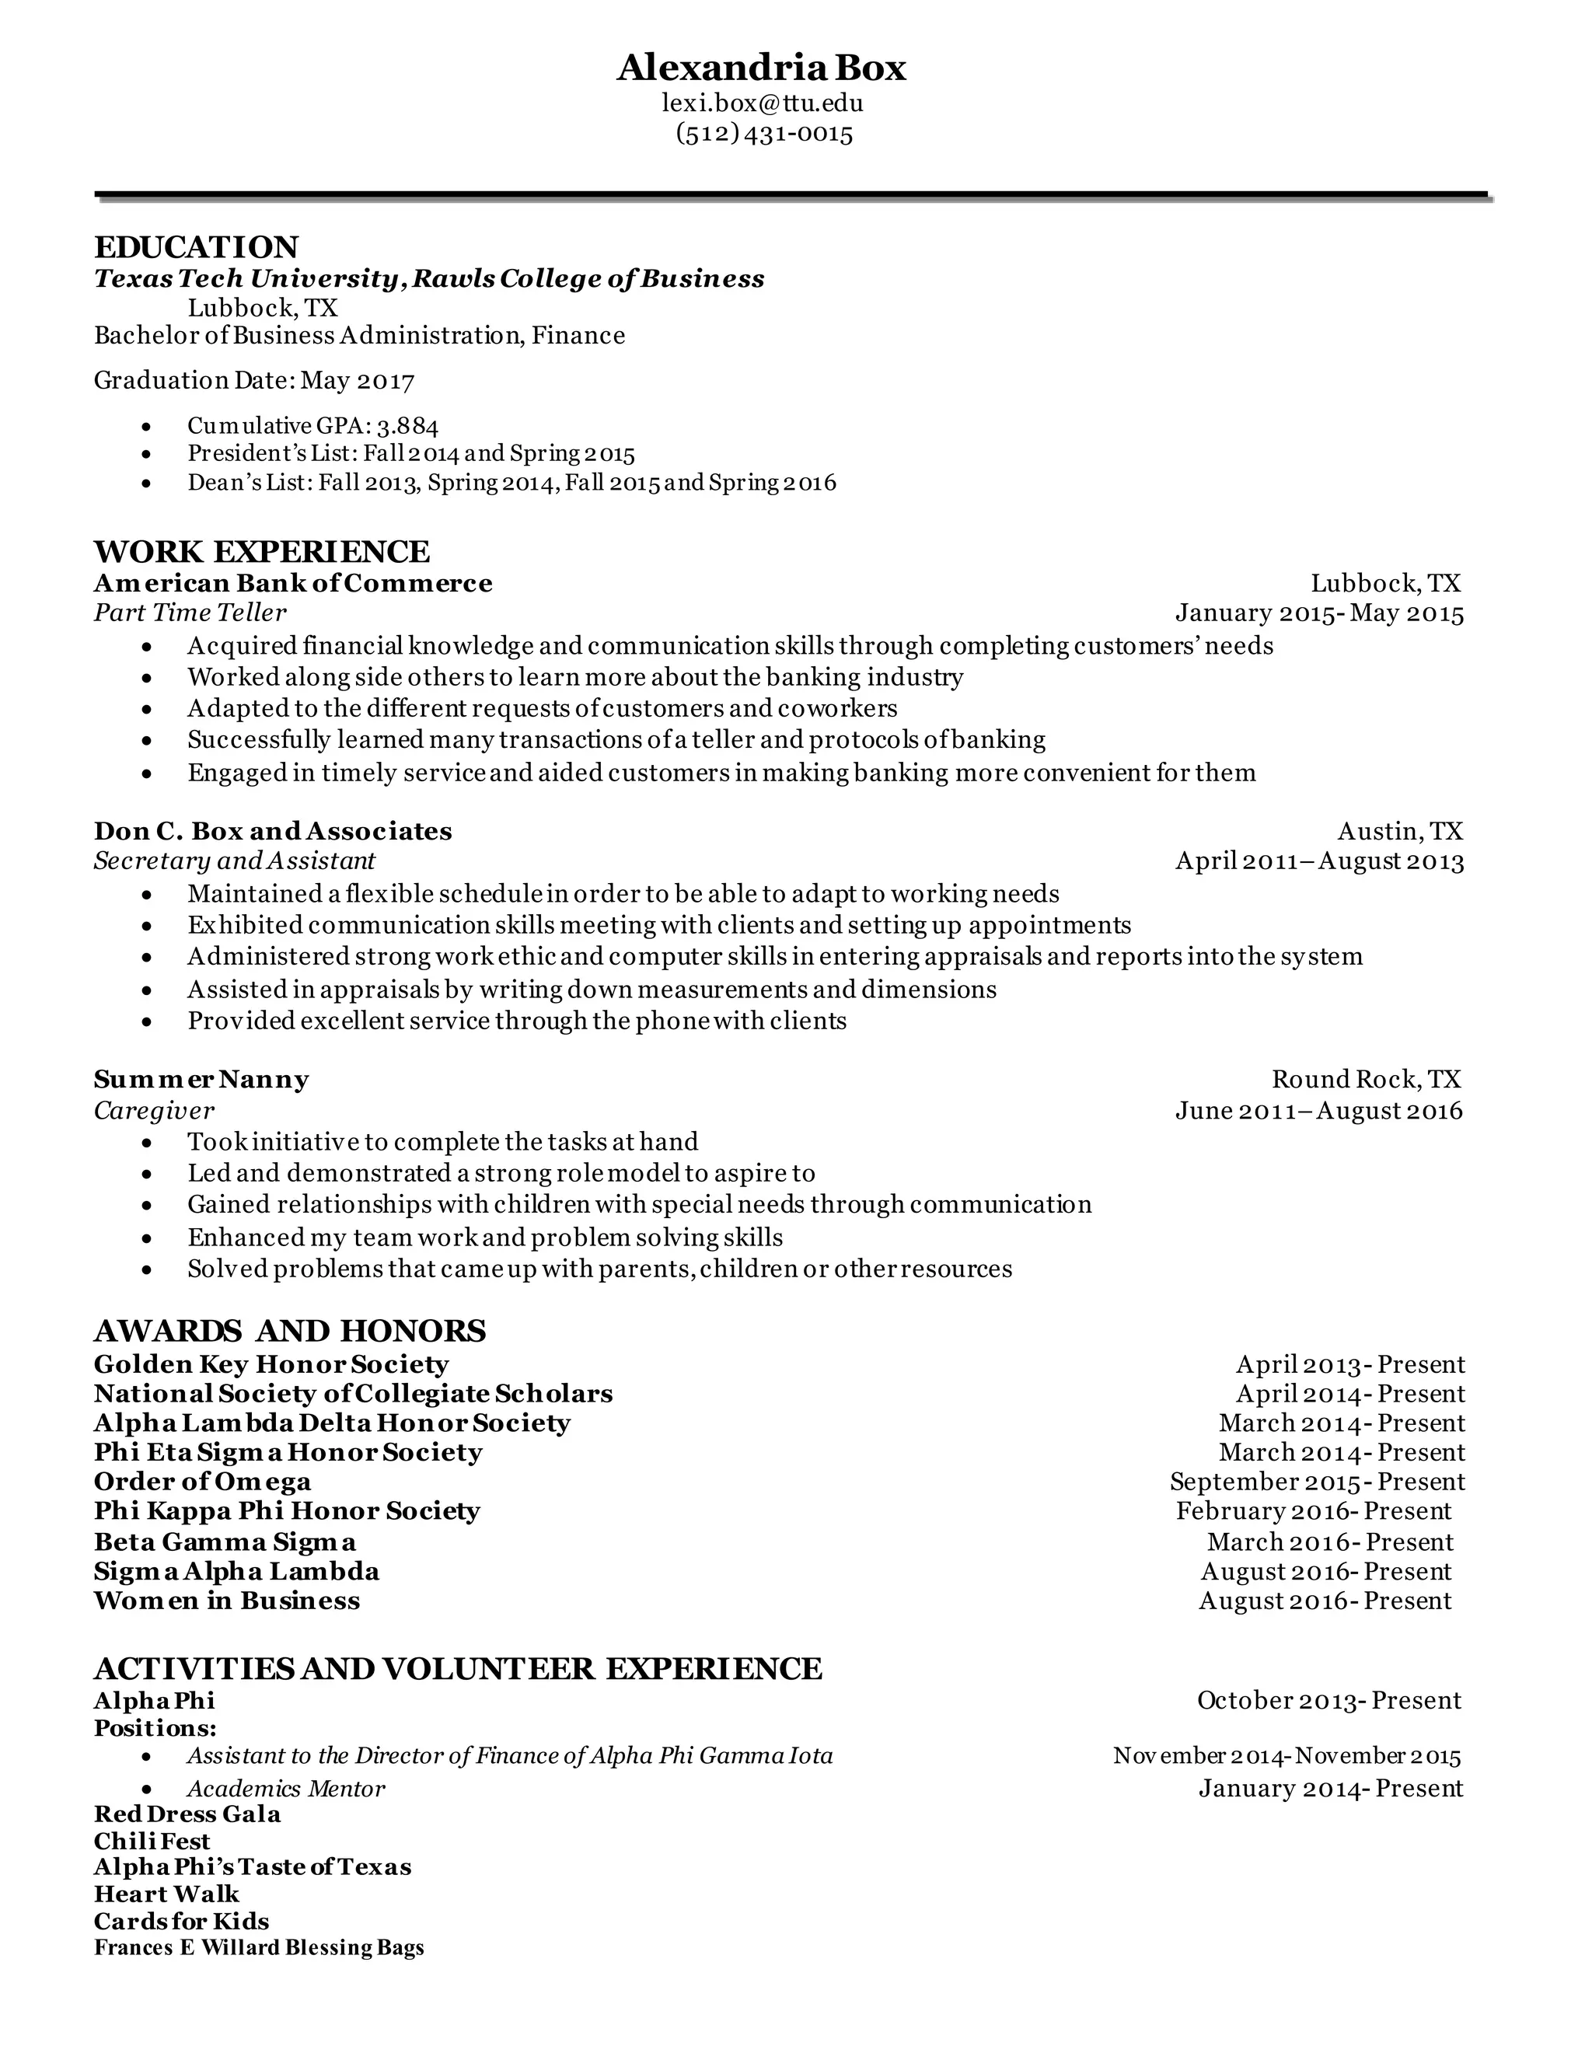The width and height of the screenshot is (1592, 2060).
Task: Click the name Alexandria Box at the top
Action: (x=761, y=68)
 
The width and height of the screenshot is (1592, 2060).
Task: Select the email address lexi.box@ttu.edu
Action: (x=762, y=102)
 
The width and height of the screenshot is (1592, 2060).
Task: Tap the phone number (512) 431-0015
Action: (x=764, y=133)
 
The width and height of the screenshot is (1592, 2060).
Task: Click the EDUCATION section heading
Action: (x=196, y=247)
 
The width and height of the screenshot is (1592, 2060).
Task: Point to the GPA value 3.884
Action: (x=407, y=426)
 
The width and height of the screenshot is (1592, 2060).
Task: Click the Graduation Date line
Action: (x=253, y=380)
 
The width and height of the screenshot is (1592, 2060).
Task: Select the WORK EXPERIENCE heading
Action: (x=261, y=552)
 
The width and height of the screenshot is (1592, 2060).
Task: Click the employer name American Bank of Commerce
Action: (x=292, y=583)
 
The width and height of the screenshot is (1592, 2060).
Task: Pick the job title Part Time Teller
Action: (x=190, y=613)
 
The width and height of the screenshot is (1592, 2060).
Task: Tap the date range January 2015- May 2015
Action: (x=1318, y=614)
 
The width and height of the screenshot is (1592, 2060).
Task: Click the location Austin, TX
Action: (x=1399, y=831)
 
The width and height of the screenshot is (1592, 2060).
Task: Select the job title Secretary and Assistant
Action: (x=234, y=861)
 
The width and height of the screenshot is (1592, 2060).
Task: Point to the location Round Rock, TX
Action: (x=1367, y=1079)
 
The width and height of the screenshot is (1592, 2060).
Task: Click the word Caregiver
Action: (x=154, y=1110)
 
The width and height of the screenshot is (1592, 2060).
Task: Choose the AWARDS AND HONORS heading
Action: (x=289, y=1331)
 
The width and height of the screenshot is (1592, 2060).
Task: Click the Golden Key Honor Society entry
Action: (x=271, y=1365)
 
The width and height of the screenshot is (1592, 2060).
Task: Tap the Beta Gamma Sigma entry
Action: (x=225, y=1542)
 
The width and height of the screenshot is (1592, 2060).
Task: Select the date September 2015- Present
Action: (x=1317, y=1482)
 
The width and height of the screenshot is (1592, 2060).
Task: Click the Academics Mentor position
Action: (x=286, y=1789)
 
